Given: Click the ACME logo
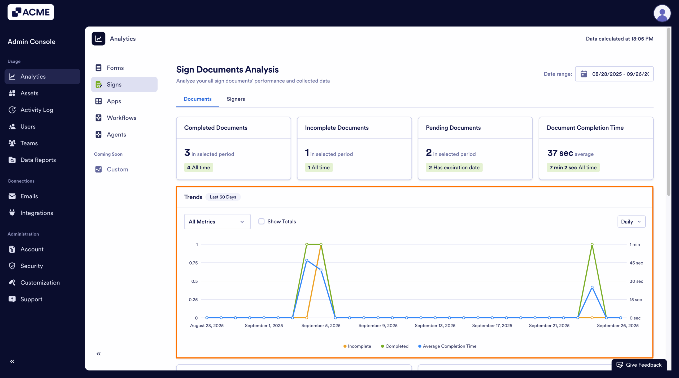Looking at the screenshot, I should (31, 12).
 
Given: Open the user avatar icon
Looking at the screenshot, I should (662, 13).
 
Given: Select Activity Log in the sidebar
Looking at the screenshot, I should (37, 110).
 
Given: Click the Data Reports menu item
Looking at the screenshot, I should (38, 160).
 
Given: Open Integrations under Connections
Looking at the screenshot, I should (37, 213).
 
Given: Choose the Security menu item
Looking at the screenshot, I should (32, 266).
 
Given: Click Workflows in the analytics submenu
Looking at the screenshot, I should (121, 118).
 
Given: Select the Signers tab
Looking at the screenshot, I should (236, 99).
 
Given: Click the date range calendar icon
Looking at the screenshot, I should (584, 74).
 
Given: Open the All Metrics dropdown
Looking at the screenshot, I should (217, 222).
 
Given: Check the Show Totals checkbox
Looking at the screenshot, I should (262, 221).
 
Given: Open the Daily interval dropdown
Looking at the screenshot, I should (631, 222).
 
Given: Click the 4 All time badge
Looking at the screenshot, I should (198, 168).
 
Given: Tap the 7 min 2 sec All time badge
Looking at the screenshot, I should (573, 168).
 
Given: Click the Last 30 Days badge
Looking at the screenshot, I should (223, 197).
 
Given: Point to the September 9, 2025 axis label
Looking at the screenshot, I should (378, 326).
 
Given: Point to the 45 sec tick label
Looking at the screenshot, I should (636, 263).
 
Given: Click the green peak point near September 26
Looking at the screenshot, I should (592, 244).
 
